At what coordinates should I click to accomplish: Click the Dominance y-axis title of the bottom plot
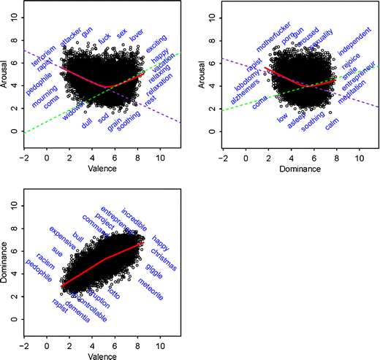(x=6, y=264)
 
